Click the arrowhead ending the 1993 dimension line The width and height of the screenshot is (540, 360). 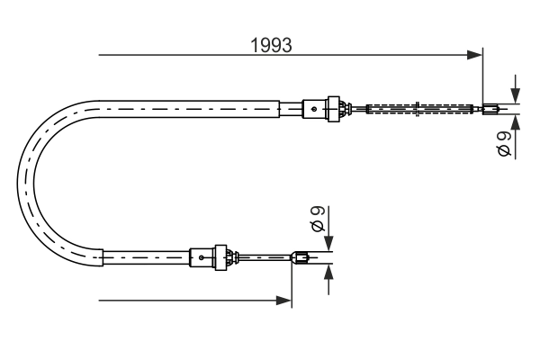tap(476, 56)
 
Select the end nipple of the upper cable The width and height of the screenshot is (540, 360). tap(490, 111)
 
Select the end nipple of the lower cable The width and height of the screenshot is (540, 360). tap(301, 260)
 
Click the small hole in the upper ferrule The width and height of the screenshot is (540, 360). tap(312, 110)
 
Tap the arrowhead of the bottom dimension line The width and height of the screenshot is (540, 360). tap(285, 300)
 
